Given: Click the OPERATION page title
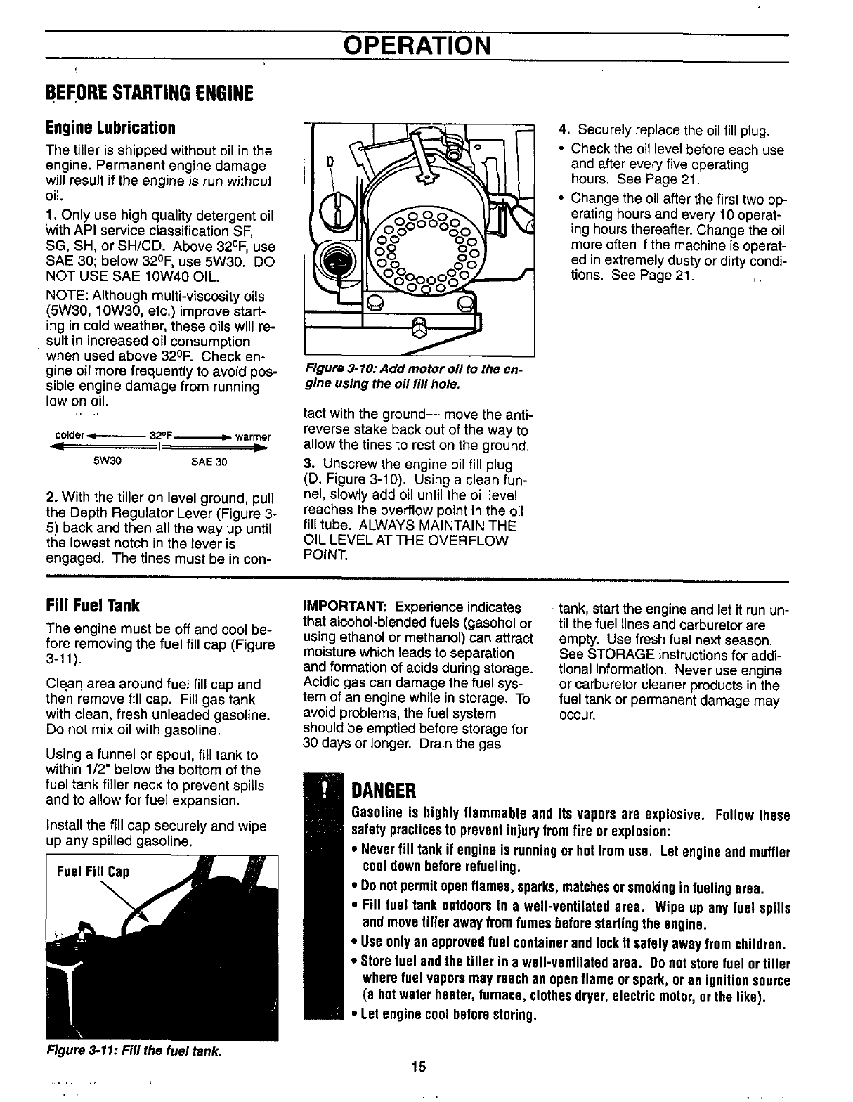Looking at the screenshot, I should (417, 46).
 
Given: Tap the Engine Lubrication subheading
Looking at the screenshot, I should (110, 128).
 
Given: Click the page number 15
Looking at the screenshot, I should (418, 1068).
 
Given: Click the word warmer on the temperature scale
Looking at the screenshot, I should (253, 436).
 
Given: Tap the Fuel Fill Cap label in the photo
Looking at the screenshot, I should (93, 873).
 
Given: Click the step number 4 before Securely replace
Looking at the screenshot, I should (563, 131).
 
